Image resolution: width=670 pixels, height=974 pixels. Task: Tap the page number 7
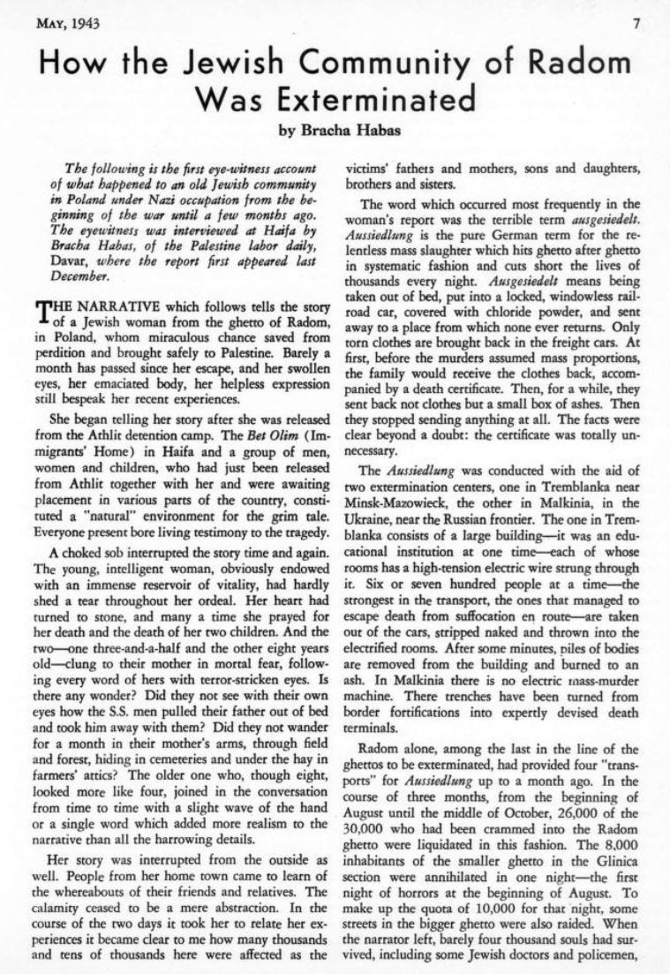click(636, 24)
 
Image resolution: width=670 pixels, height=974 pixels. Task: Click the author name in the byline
click(353, 132)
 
